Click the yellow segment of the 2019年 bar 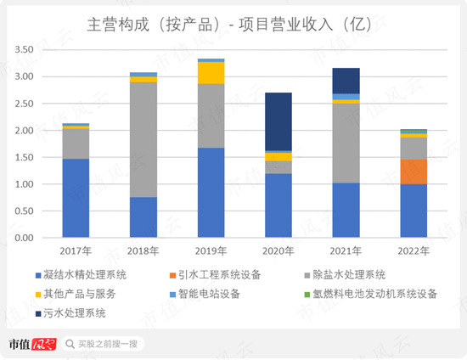pos(211,73)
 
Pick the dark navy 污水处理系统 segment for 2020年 pos(279,121)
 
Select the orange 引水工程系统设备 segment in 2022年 pos(414,172)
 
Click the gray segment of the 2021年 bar pos(346,143)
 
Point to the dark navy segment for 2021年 pos(346,81)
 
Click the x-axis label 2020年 pos(279,251)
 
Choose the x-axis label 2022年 pos(414,251)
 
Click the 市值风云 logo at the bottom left pos(31,344)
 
